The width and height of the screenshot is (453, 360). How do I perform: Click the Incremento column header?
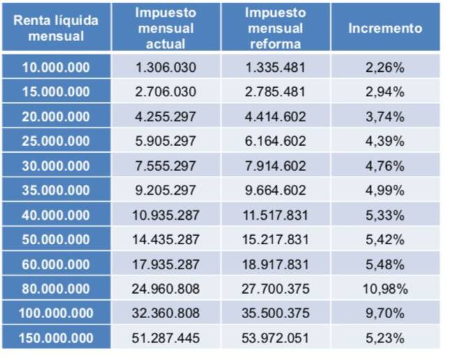coord(385,29)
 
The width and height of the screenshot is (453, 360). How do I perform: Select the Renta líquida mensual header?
coord(56,29)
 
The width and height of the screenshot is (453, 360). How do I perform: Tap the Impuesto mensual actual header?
coord(166,29)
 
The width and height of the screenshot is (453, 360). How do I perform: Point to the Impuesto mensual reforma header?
coord(275,29)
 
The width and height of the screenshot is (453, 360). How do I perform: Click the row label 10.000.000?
coord(56,68)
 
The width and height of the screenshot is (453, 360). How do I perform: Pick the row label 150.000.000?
coord(56,338)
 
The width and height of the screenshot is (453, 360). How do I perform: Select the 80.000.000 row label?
coord(56,289)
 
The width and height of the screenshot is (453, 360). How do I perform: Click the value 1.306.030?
coord(166,68)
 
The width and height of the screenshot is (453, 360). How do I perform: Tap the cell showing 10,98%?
coord(385,289)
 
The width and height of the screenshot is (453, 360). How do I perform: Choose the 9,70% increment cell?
coord(385,314)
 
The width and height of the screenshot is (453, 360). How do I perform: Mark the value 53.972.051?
coord(275,338)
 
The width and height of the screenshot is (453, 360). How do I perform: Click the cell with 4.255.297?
coord(166,117)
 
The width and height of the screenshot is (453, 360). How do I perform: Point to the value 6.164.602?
coord(275,141)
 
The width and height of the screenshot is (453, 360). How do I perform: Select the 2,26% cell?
coord(385,68)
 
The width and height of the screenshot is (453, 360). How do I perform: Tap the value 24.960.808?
coord(166,289)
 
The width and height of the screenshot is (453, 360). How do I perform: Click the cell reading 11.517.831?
coord(275,215)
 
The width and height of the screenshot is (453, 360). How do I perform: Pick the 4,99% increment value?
coord(385,190)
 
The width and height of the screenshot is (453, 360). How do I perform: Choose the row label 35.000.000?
coord(56,190)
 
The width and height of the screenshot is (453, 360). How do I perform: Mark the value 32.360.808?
coord(166,314)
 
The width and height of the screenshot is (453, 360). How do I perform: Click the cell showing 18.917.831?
coord(275,264)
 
